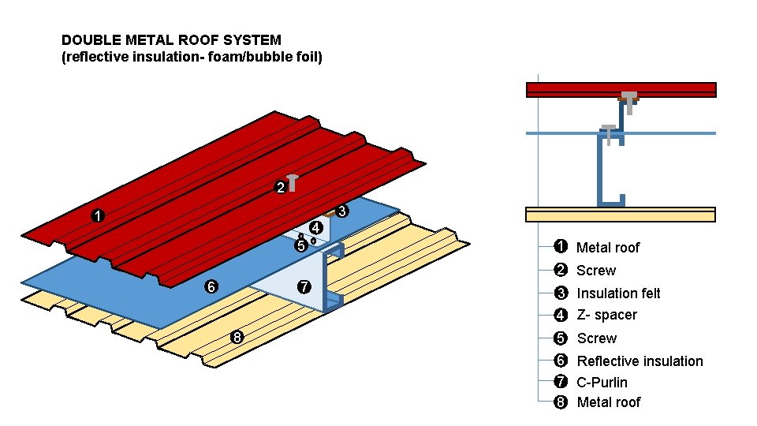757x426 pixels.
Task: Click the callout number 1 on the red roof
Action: coord(97,215)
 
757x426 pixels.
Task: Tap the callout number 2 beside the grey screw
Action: coord(280,188)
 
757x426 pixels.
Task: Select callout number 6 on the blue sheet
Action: coord(211,286)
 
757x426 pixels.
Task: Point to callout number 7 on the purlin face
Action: coord(305,286)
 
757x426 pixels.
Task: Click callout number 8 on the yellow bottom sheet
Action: coord(236,338)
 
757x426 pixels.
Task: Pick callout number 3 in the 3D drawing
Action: coord(342,211)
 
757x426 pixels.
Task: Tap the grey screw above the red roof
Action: coord(293,181)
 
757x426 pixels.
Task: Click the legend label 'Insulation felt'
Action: coord(618,293)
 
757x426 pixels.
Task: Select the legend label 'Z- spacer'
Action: coord(606,315)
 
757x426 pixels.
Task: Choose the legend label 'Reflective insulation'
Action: coord(640,361)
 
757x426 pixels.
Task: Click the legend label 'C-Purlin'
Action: coord(602,383)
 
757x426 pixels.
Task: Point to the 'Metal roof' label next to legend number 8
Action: coord(608,402)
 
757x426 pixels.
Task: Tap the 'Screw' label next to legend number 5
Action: coord(596,338)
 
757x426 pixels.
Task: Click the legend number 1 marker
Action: coord(561,247)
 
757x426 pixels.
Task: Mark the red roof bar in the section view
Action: coord(568,89)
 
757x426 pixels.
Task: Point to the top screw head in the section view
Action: coord(628,97)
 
